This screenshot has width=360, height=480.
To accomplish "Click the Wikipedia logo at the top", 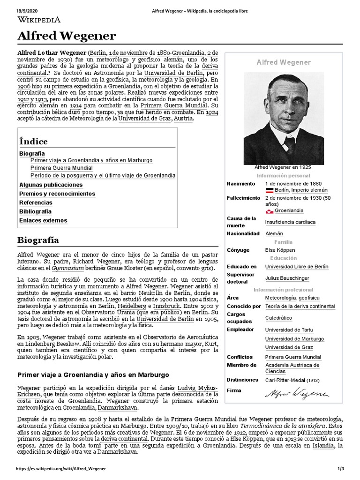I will (x=40, y=20).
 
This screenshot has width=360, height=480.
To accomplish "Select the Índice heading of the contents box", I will (x=33, y=141).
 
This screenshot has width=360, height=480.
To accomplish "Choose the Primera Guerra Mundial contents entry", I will (x=61, y=168).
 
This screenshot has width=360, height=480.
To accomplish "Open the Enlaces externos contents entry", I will (x=43, y=220).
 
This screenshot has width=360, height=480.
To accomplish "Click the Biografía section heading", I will (x=38, y=240).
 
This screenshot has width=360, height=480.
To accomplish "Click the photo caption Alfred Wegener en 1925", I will (x=283, y=167).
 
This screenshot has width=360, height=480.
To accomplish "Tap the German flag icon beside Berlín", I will (x=269, y=190).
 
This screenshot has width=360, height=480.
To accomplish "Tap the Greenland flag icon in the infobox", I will (x=269, y=211).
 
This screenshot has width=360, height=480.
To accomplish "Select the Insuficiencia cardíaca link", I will (x=290, y=222).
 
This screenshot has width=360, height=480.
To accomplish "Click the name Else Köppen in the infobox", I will (x=280, y=250).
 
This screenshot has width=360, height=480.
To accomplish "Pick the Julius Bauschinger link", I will (x=287, y=278).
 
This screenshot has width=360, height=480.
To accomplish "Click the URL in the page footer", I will (x=61, y=469).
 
